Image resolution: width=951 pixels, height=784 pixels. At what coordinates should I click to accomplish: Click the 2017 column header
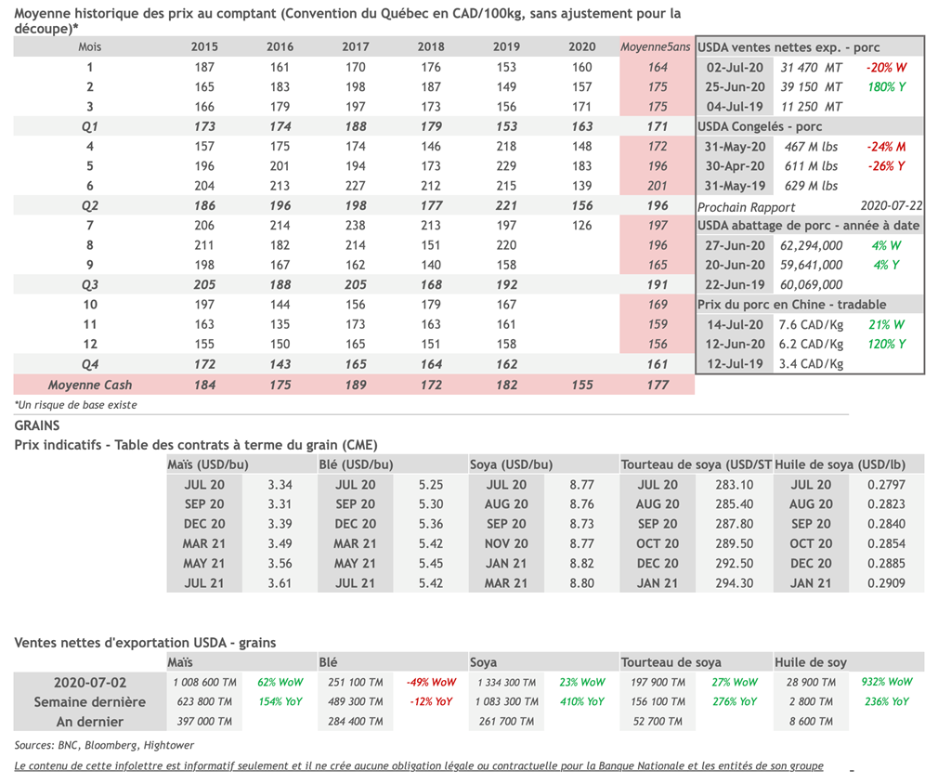355,47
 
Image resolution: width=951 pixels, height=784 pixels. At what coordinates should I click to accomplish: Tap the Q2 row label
90,206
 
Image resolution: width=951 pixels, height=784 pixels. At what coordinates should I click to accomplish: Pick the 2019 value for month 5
506,166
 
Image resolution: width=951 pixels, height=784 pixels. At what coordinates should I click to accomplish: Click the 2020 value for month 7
582,226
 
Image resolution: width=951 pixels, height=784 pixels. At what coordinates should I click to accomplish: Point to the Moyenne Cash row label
90,385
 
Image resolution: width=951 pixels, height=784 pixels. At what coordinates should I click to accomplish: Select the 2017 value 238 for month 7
355,226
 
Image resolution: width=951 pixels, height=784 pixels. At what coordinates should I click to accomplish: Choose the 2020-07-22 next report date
890,206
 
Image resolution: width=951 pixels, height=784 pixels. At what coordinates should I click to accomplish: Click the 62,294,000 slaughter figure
812,246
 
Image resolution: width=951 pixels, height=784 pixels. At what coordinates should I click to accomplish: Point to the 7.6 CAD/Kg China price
811,325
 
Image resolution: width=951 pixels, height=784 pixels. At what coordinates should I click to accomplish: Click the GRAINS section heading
37,425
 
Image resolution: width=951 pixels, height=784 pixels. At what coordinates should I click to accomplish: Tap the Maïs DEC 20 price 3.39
280,524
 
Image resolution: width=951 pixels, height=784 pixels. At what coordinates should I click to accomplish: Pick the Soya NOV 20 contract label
506,544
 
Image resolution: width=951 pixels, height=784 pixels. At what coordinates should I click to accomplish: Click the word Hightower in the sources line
168,745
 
